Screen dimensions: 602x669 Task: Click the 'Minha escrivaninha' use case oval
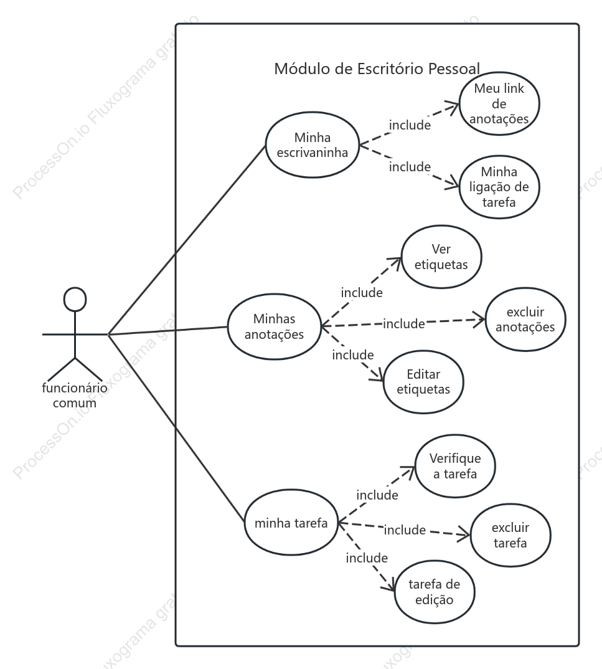click(312, 145)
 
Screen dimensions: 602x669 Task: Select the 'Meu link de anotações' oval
click(499, 103)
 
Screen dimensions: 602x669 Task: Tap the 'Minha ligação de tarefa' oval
click(499, 187)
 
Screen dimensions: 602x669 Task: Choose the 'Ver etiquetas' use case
click(441, 257)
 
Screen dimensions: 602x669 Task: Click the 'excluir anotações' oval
click(525, 320)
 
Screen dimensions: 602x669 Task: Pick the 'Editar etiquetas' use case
click(423, 382)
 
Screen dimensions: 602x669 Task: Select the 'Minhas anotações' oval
click(274, 326)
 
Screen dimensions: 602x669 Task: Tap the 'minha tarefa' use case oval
click(291, 523)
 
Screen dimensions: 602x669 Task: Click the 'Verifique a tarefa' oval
click(455, 466)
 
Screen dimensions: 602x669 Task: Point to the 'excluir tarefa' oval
click(510, 536)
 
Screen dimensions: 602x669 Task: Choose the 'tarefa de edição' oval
click(435, 592)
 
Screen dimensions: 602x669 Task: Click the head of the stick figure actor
click(75, 299)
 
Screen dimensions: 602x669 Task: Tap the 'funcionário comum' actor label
click(75, 395)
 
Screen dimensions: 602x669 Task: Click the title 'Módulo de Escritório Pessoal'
click(377, 69)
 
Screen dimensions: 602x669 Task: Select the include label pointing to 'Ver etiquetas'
click(362, 293)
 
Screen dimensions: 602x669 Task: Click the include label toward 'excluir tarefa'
click(405, 530)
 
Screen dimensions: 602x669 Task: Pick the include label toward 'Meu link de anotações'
click(410, 125)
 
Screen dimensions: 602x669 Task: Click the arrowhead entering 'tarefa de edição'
click(389, 585)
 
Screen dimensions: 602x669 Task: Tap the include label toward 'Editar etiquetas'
click(353, 355)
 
